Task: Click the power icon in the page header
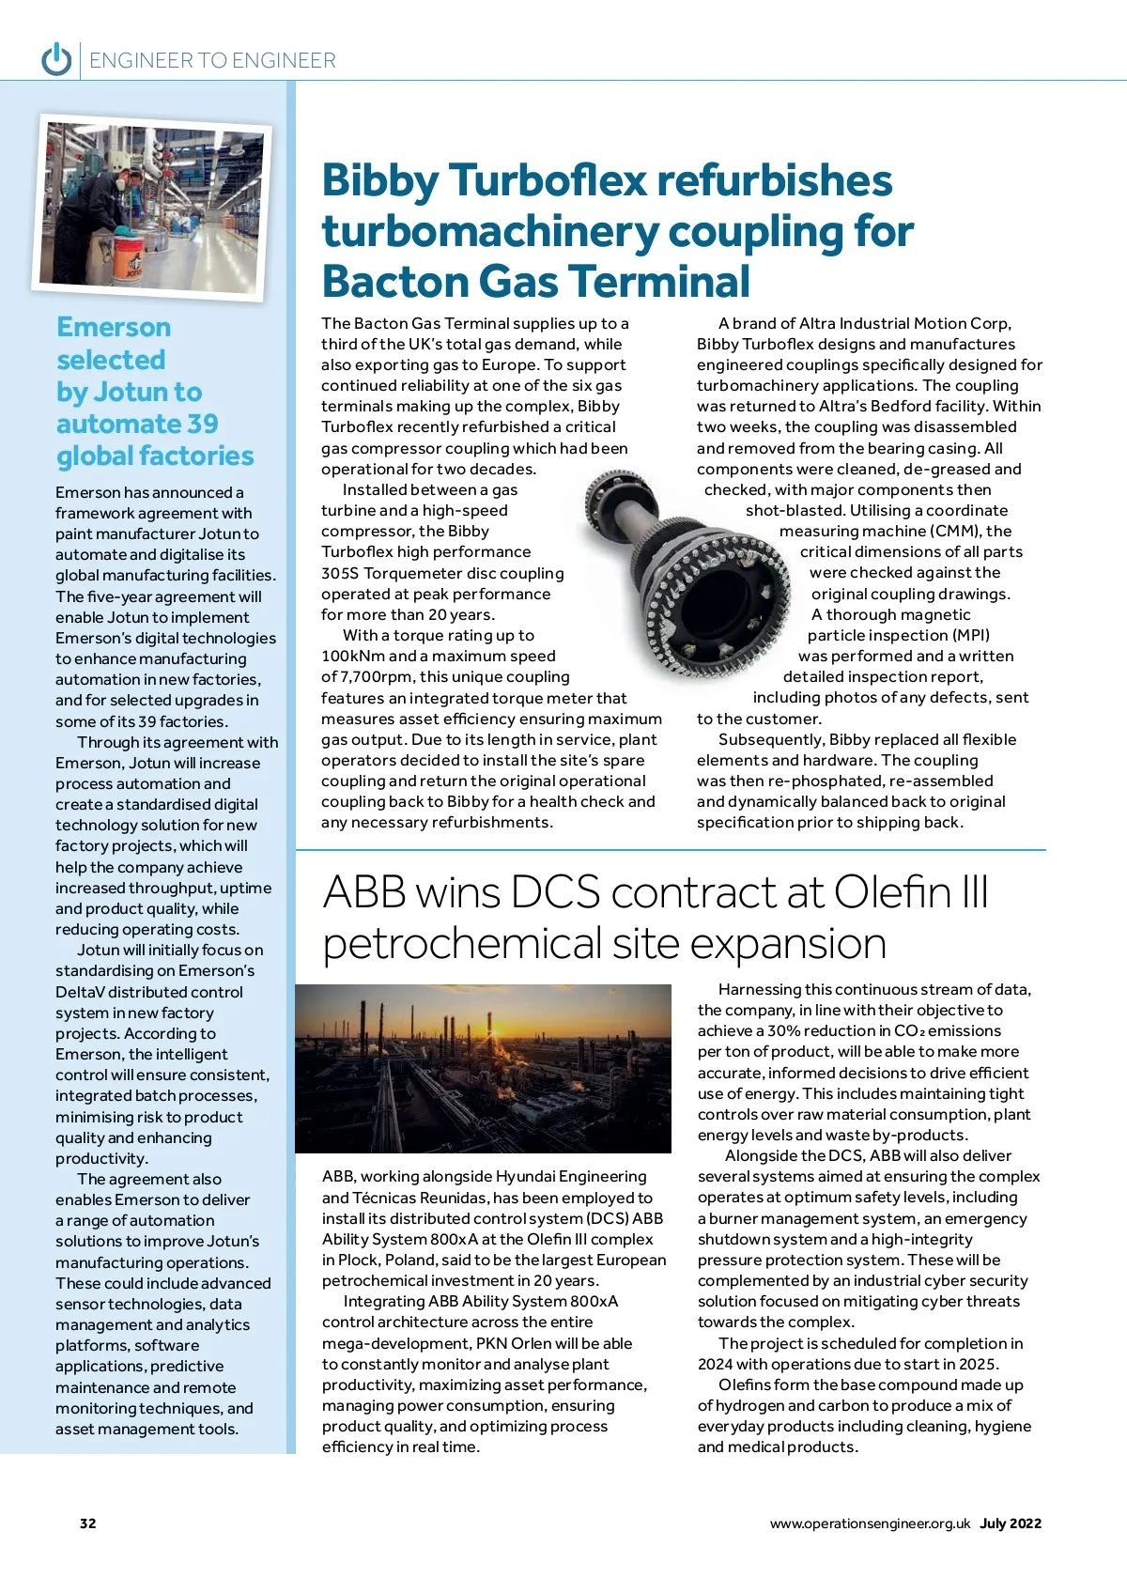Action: [x=56, y=59]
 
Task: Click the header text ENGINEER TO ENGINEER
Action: [x=212, y=61]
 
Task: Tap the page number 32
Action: [x=87, y=1523]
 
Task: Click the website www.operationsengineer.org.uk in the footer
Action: [x=870, y=1523]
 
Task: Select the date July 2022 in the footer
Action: [x=1011, y=1523]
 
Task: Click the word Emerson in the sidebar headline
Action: [x=114, y=327]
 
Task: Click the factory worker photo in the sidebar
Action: [x=153, y=206]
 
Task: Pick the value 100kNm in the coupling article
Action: [x=353, y=657]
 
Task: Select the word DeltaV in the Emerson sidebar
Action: [x=82, y=993]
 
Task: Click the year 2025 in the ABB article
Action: [x=980, y=1365]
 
